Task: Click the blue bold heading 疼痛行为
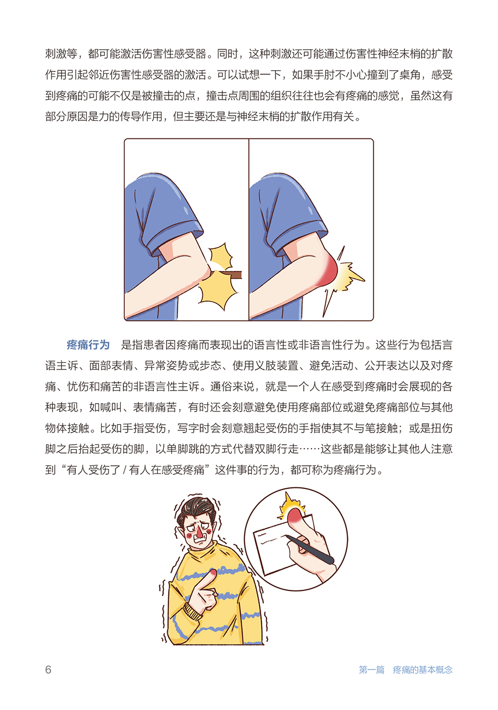(x=88, y=344)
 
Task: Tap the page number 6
(x=48, y=670)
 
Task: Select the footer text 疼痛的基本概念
(x=422, y=670)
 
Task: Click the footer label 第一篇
(x=371, y=670)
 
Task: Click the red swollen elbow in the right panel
(x=328, y=271)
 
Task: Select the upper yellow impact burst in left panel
(x=220, y=256)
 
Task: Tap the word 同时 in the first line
(x=227, y=54)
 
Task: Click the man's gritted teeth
(x=201, y=541)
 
